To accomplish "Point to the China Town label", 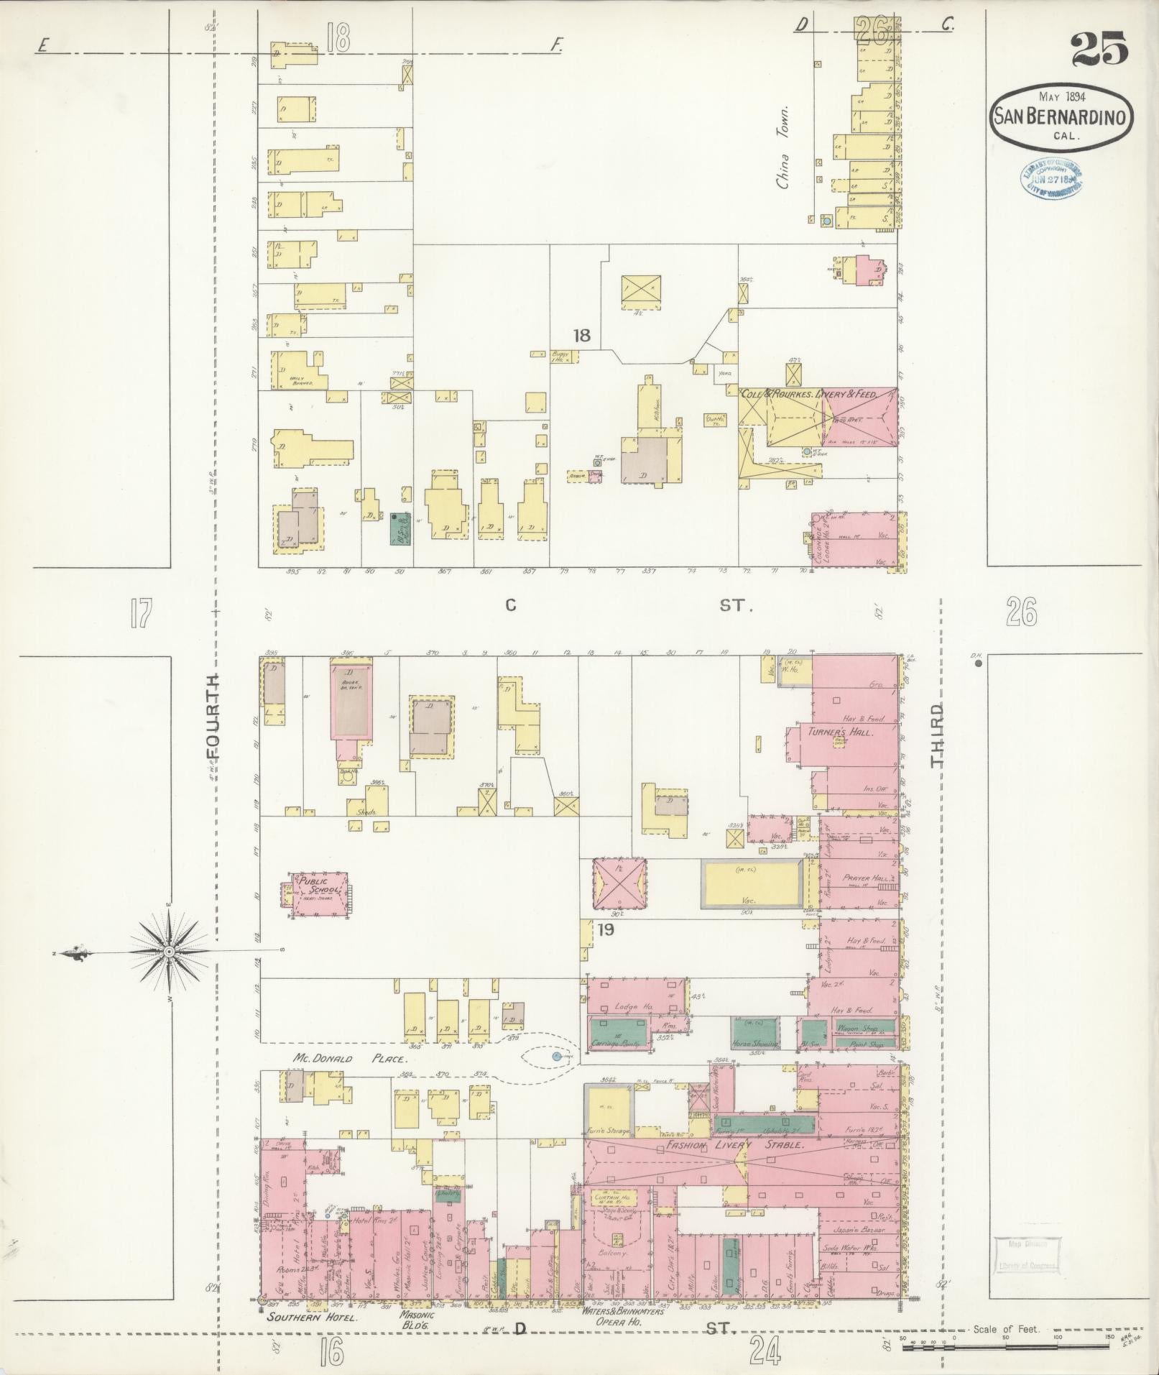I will [x=782, y=147].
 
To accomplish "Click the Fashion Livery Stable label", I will [x=734, y=1144].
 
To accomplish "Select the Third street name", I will [x=937, y=735].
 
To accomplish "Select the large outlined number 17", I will [x=141, y=614].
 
